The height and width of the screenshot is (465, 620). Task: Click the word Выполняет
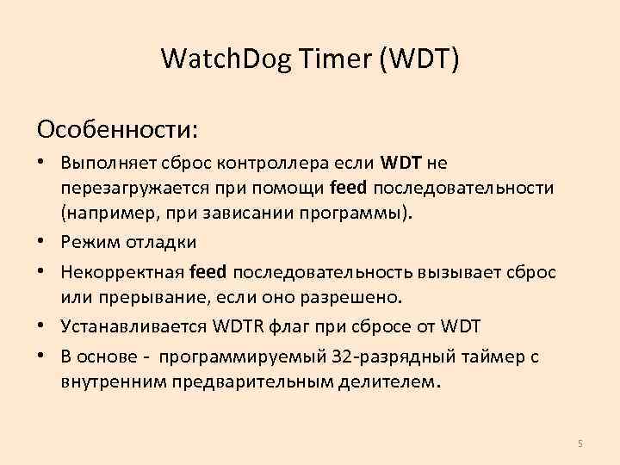click(x=102, y=163)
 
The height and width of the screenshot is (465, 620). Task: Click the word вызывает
click(x=455, y=272)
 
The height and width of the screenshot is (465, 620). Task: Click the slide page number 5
click(x=580, y=443)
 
